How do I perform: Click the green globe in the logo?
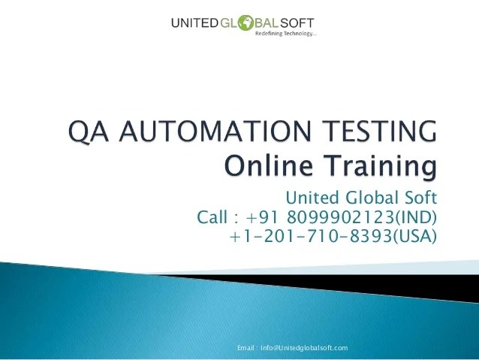pyautogui.click(x=246, y=23)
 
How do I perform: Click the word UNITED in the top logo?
pyautogui.click(x=194, y=23)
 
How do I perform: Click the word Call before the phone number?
pyautogui.click(x=212, y=217)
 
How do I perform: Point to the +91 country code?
pyautogui.click(x=263, y=217)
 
